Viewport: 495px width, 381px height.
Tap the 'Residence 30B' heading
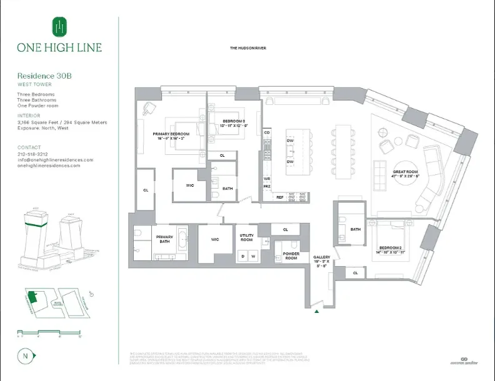(44, 76)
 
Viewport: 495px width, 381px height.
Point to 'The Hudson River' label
(248, 48)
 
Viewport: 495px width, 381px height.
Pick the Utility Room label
(246, 237)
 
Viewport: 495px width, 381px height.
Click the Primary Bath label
(164, 239)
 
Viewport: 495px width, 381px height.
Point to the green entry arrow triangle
(319, 310)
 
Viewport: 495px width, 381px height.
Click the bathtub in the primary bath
(183, 240)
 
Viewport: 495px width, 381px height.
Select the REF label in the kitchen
(280, 197)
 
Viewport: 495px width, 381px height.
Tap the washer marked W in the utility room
(253, 255)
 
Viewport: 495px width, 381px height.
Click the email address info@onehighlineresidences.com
(55, 160)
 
